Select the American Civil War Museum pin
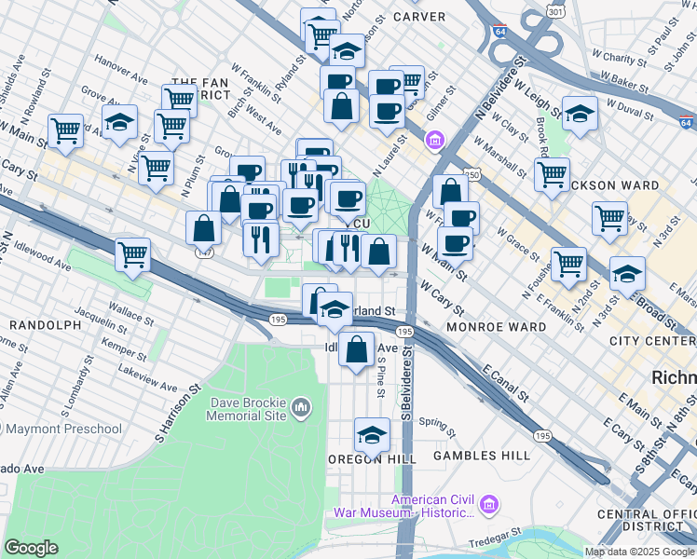click(x=491, y=506)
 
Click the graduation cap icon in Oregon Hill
click(x=372, y=433)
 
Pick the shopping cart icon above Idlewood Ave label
click(x=133, y=252)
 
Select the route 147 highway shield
click(x=201, y=252)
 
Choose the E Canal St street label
click(x=507, y=385)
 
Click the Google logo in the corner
click(x=31, y=547)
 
